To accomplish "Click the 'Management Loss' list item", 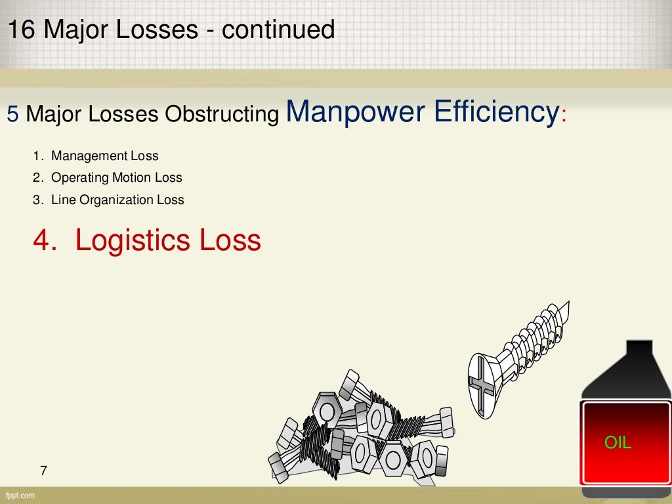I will (x=104, y=156).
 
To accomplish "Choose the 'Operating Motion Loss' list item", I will (x=116, y=178).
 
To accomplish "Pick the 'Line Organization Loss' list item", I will (x=117, y=199).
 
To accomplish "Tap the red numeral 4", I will (x=41, y=241).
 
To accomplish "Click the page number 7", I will (x=44, y=470).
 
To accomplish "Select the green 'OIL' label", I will (x=618, y=443).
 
